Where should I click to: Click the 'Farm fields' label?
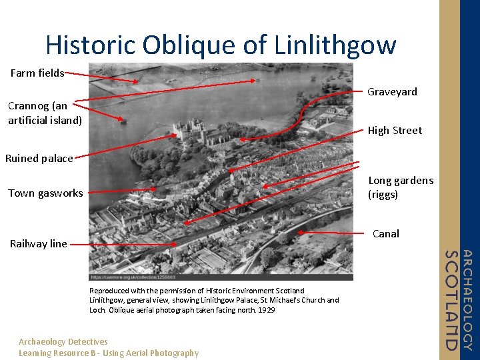(x=37, y=73)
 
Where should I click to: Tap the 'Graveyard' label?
(x=392, y=92)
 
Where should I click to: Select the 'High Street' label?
(x=395, y=131)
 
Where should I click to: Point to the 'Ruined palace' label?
(x=39, y=159)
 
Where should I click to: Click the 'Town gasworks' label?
(x=45, y=193)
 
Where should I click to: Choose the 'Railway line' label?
(x=39, y=244)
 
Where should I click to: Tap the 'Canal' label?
(x=385, y=234)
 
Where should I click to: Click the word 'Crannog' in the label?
(x=28, y=106)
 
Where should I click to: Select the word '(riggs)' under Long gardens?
(x=383, y=195)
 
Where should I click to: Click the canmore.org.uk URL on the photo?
(x=133, y=277)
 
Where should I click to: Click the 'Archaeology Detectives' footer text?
(x=63, y=341)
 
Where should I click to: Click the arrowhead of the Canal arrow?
(x=301, y=232)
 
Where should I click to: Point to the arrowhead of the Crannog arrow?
(x=123, y=120)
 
